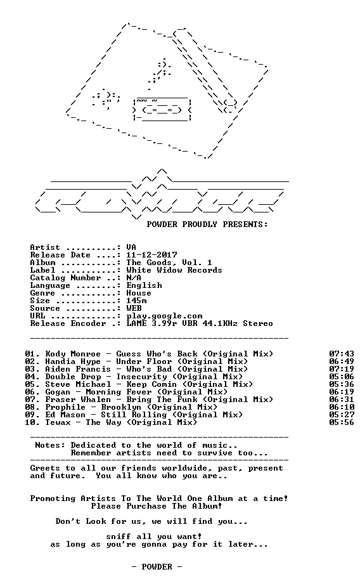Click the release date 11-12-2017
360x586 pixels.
151,255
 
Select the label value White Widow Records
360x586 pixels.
174,270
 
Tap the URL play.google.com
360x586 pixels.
164,316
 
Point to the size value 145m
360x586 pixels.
136,301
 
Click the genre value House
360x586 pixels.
139,293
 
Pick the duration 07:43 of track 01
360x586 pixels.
342,354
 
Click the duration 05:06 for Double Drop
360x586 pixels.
342,377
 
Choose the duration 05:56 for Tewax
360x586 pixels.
342,422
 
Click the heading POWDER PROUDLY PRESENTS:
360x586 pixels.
207,225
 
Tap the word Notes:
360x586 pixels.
50,445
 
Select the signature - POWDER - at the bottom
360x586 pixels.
157,567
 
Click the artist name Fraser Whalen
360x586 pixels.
78,400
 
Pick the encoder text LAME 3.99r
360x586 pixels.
151,323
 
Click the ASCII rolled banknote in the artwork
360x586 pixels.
162,109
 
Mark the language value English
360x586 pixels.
144,285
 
